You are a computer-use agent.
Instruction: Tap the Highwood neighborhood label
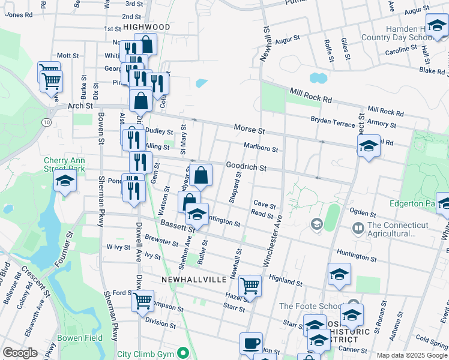(x=147, y=27)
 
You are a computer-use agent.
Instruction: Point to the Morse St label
(x=249, y=130)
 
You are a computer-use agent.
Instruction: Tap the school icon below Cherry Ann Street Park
(x=65, y=181)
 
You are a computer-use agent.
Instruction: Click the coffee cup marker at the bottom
(x=251, y=344)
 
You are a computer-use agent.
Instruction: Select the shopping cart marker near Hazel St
(x=250, y=286)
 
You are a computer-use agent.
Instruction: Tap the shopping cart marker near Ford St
(x=142, y=301)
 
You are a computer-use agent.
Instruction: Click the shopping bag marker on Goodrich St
(x=201, y=176)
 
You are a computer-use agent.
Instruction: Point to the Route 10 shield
(x=46, y=122)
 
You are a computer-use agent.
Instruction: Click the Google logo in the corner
(x=20, y=353)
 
